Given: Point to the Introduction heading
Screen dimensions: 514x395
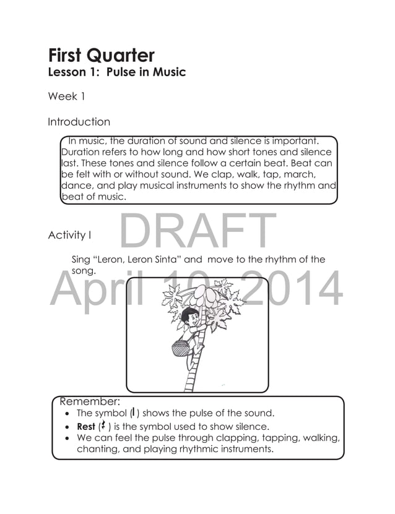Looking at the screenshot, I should coord(79,122).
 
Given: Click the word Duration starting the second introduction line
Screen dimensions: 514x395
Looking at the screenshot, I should coord(83,152).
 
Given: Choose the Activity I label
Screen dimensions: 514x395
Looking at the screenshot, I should coord(69,235).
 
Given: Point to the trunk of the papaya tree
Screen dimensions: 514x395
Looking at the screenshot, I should coord(199,371).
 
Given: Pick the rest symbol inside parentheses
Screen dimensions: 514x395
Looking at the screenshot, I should coord(103,426).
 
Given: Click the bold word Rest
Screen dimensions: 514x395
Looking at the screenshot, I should coord(85,427).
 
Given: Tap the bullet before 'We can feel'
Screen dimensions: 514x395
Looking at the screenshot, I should coord(67,439).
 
